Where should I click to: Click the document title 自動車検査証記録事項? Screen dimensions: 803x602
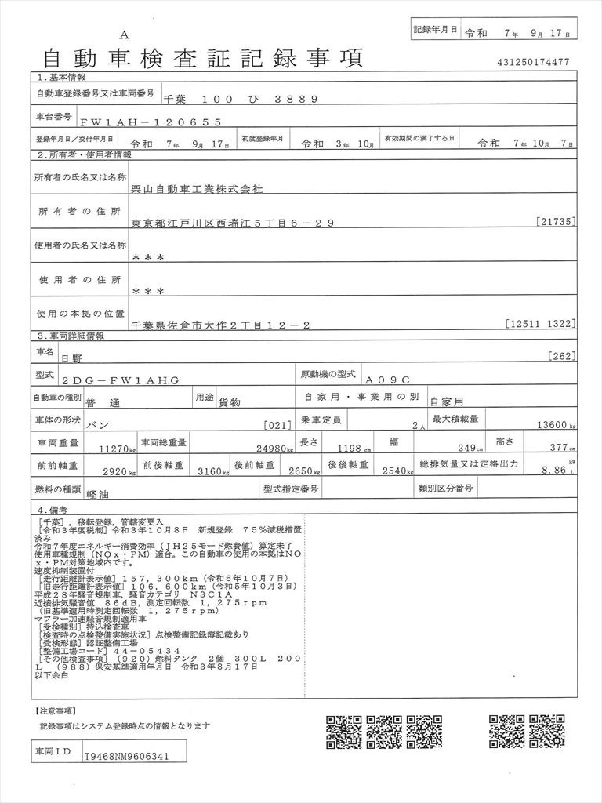(x=201, y=57)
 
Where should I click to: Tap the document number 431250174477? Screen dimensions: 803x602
(x=533, y=62)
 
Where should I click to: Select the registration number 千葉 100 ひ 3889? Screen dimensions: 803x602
(x=240, y=99)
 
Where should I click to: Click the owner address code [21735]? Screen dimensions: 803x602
(x=557, y=222)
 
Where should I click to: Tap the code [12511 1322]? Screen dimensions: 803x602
(x=541, y=322)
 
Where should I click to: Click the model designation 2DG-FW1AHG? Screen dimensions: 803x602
(x=118, y=380)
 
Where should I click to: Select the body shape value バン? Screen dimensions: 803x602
(x=95, y=424)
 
